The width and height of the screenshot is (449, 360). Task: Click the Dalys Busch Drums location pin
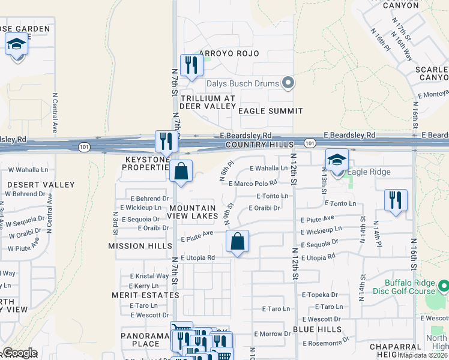[288, 83]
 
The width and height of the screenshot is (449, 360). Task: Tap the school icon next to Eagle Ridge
[337, 160]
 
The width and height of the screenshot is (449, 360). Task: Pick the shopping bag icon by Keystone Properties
[181, 172]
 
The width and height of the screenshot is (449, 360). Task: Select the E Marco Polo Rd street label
[253, 183]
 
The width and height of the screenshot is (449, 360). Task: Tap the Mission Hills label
[135, 246]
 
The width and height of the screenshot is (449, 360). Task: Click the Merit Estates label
[137, 295]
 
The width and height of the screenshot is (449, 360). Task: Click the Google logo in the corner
[20, 353]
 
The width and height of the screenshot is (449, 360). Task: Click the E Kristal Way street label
[149, 276]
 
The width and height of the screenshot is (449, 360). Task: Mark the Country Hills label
[260, 145]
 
